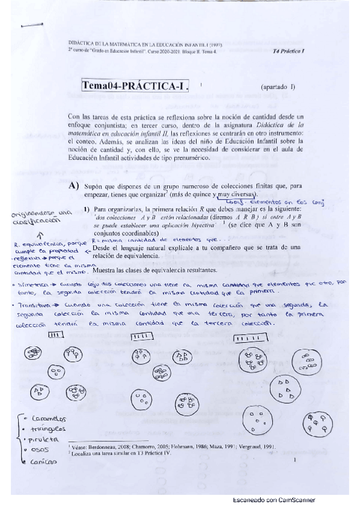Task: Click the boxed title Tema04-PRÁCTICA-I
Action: coord(137,85)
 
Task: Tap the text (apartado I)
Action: coord(278,87)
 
